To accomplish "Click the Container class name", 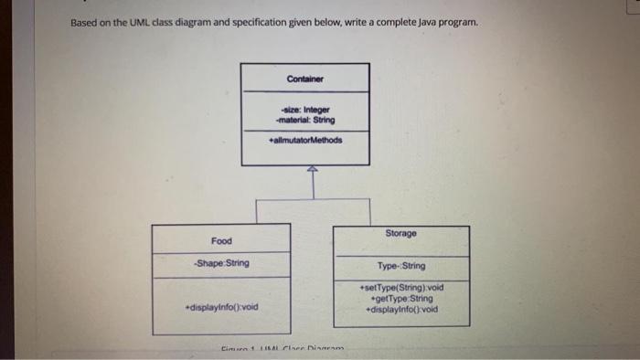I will (304, 78).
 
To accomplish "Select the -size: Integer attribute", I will (304, 110).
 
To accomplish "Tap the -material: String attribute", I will (304, 119).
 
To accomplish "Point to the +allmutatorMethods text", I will (305, 141).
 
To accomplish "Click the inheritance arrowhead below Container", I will (311, 169).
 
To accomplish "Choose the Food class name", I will (221, 241).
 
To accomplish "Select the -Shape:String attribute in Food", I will (221, 263).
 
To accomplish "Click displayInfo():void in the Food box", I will (221, 306).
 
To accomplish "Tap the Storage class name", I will (400, 234).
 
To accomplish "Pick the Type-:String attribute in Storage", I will (401, 266).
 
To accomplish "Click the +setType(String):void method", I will (401, 288).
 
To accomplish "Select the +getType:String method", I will (401, 298).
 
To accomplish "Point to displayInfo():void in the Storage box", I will (401, 309).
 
